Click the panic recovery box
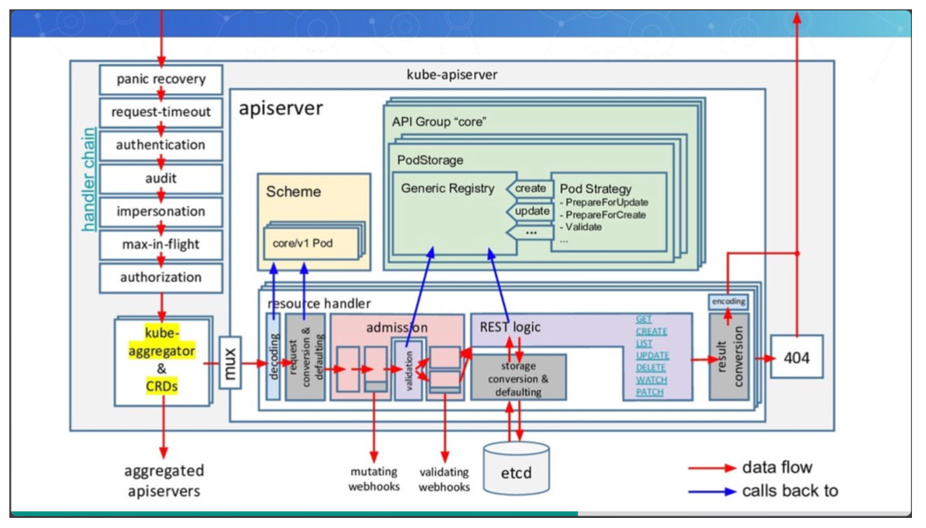161,79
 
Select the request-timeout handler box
161,112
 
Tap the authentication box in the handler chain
161,146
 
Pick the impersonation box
161,212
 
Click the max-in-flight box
161,245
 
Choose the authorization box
161,278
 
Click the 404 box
797,357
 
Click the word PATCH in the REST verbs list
649,392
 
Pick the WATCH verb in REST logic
651,380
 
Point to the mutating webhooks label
373,479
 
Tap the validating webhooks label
444,479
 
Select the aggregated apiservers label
164,480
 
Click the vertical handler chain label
90,178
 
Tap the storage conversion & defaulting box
518,378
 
